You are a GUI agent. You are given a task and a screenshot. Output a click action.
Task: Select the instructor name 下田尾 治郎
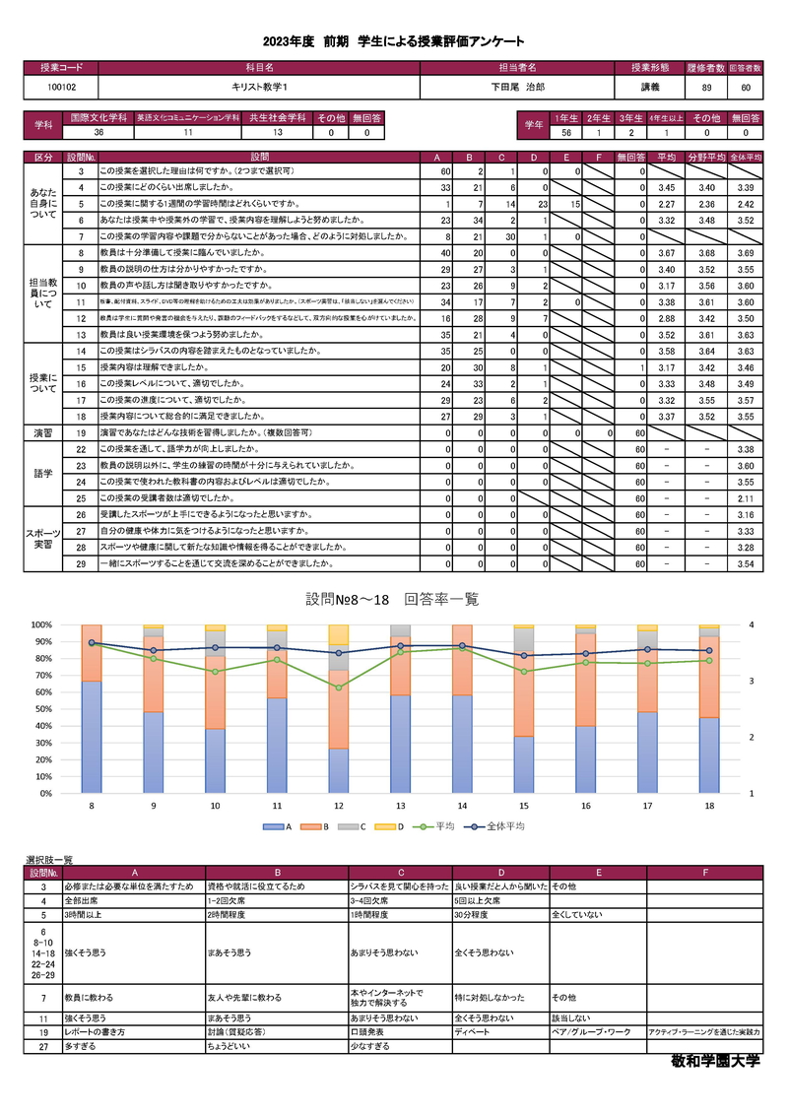pyautogui.click(x=518, y=87)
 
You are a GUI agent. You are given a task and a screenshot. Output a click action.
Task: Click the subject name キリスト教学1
pyautogui.click(x=258, y=87)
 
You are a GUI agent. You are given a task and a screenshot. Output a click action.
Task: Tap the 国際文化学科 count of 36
pyautogui.click(x=98, y=132)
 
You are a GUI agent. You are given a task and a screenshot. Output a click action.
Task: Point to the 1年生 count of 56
pyautogui.click(x=566, y=132)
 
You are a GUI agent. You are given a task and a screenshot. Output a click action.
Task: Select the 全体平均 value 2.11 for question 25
pyautogui.click(x=746, y=498)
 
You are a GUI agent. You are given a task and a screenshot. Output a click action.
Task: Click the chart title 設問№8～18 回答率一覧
pyautogui.click(x=392, y=600)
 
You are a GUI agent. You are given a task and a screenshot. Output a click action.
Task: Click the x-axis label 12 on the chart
pyautogui.click(x=339, y=806)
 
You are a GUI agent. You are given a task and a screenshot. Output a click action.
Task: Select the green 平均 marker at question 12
pyautogui.click(x=339, y=688)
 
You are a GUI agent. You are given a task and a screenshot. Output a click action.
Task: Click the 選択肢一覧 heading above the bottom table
pyautogui.click(x=49, y=860)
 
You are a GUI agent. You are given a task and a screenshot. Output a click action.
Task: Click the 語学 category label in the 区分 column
pyautogui.click(x=43, y=474)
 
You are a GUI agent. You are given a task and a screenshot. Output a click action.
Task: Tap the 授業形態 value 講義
pyautogui.click(x=650, y=87)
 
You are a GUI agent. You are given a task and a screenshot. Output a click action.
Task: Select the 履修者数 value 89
pyautogui.click(x=706, y=87)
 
